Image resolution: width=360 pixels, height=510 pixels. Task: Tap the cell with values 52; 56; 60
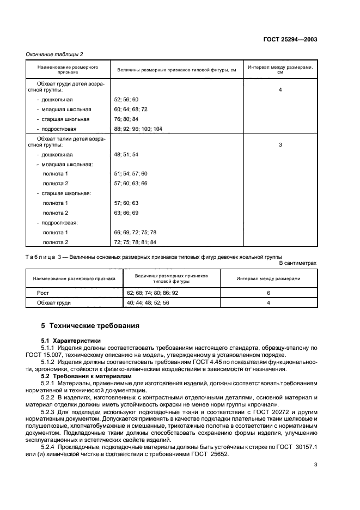click(x=126, y=100)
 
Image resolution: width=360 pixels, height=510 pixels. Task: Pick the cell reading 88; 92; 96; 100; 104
click(x=138, y=129)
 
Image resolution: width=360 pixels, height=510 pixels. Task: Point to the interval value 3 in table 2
click(x=280, y=145)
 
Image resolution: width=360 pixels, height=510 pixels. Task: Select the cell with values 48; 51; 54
click(x=126, y=155)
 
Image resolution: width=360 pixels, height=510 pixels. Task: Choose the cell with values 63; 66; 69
click(x=126, y=212)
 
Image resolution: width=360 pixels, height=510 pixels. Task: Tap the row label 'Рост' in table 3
click(x=42, y=293)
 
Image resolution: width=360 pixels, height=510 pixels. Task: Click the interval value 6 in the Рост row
click(x=269, y=293)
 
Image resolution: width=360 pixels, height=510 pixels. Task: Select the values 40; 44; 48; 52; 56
click(x=149, y=303)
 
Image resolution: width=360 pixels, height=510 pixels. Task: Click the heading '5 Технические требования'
click(x=90, y=326)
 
